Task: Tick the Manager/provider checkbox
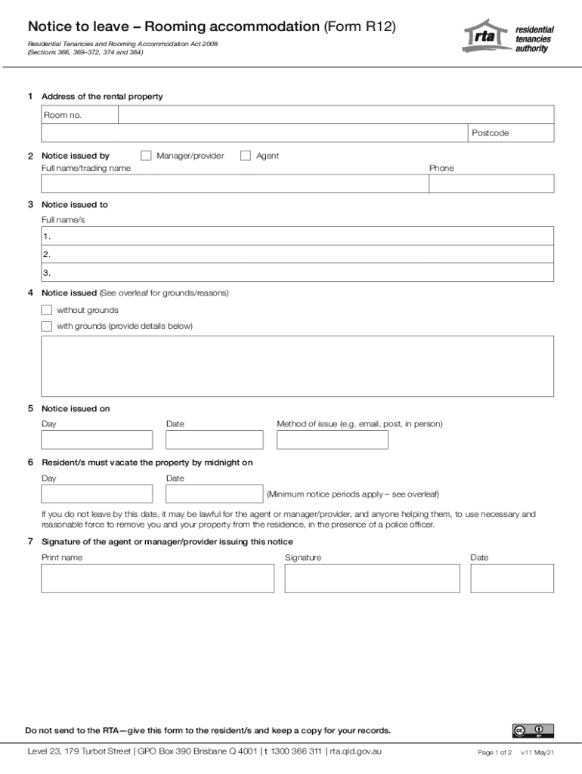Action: pyautogui.click(x=146, y=156)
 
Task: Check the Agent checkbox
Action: pyautogui.click(x=246, y=156)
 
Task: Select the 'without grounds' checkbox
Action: pyautogui.click(x=47, y=310)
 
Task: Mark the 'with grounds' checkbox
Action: pyautogui.click(x=47, y=327)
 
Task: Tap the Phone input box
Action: pyautogui.click(x=491, y=184)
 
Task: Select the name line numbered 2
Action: pyautogui.click(x=298, y=255)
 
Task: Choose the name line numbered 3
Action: pyautogui.click(x=298, y=273)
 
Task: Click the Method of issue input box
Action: pyautogui.click(x=332, y=440)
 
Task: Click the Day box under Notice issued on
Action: pyautogui.click(x=97, y=440)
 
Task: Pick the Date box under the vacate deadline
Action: pyautogui.click(x=214, y=494)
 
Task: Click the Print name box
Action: pyautogui.click(x=157, y=578)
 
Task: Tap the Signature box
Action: pyautogui.click(x=372, y=578)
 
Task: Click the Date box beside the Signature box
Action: pyautogui.click(x=512, y=578)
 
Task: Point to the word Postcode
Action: pyautogui.click(x=491, y=133)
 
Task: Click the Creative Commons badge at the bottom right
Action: pyautogui.click(x=533, y=730)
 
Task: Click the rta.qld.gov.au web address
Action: pyautogui.click(x=355, y=751)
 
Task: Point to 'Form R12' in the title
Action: pyautogui.click(x=360, y=26)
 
